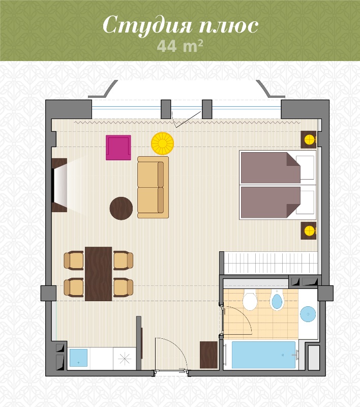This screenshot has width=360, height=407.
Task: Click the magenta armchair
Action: [x=118, y=148]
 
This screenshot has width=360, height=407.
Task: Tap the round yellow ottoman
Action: [x=163, y=143]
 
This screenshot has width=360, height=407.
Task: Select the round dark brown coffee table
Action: [x=121, y=209]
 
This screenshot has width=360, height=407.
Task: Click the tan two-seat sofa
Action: [x=153, y=187]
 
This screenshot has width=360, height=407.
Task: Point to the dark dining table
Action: [x=98, y=274]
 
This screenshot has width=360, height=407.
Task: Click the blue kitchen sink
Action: [x=79, y=358]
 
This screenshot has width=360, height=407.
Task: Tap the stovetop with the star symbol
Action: [x=125, y=359]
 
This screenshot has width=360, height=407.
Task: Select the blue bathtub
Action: [x=263, y=355]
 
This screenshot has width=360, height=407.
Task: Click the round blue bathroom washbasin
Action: [x=308, y=314]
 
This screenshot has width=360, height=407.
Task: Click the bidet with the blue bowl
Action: [x=277, y=300]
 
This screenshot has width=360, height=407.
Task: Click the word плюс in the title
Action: [x=229, y=26]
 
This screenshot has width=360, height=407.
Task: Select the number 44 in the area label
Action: [x=167, y=46]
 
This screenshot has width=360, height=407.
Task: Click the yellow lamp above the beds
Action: [x=310, y=140]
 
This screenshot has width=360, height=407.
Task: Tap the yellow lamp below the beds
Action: [x=310, y=230]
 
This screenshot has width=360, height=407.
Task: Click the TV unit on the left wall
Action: [x=59, y=185]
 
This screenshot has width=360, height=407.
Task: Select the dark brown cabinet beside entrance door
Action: [x=208, y=355]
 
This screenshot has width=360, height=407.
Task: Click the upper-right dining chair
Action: [x=123, y=260]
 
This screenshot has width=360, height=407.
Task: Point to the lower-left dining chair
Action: [x=74, y=287]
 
